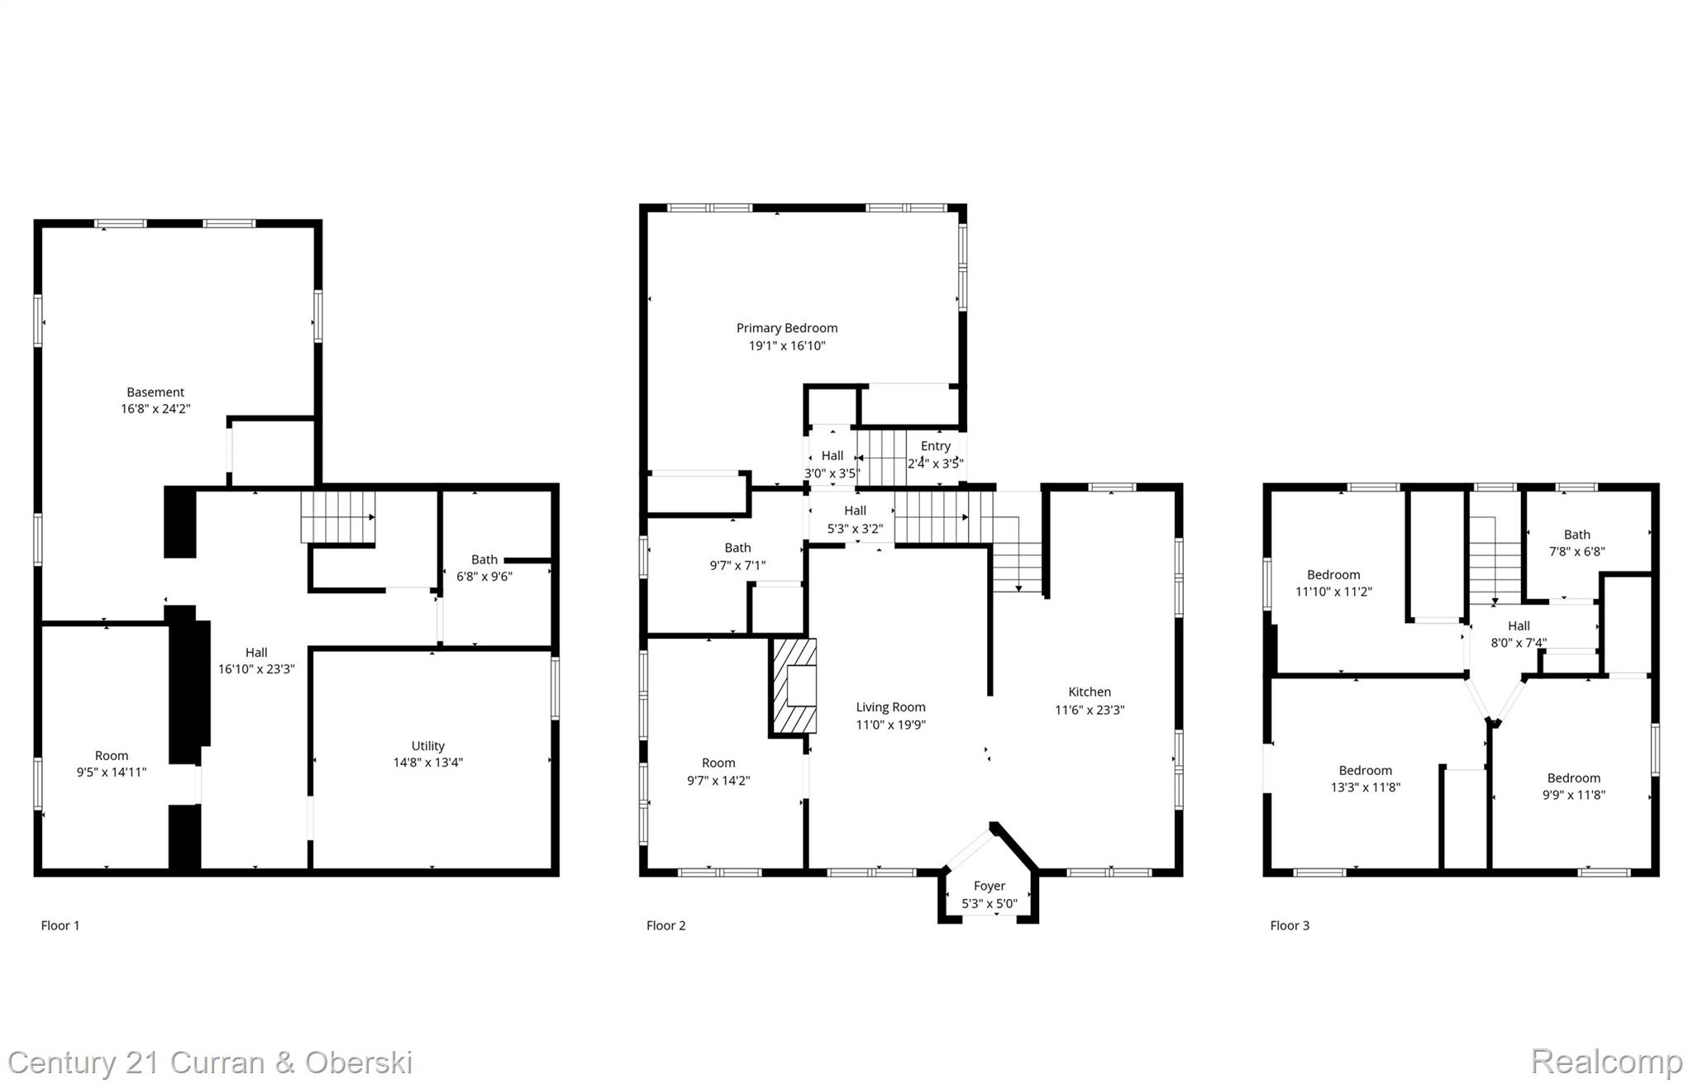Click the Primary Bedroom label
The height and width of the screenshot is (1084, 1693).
click(x=786, y=328)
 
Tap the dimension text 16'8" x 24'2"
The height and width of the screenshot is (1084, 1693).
click(x=155, y=409)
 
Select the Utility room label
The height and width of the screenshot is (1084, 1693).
click(x=427, y=746)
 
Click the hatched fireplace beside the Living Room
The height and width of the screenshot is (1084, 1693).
click(x=794, y=686)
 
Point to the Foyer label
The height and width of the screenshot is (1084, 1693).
click(x=989, y=886)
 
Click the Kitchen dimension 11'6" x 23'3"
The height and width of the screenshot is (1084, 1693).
click(x=1089, y=710)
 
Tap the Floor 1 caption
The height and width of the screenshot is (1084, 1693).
click(x=60, y=925)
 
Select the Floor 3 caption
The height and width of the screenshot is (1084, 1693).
click(x=1290, y=925)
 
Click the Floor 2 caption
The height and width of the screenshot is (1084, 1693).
click(x=665, y=925)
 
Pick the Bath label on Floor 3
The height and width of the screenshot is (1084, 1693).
click(x=1576, y=535)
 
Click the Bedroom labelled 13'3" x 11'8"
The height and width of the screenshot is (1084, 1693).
click(x=1365, y=771)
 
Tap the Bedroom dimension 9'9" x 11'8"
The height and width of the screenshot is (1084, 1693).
click(x=1573, y=795)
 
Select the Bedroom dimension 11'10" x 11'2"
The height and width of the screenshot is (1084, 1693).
click(x=1333, y=592)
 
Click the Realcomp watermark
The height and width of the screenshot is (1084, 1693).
click(x=1605, y=1062)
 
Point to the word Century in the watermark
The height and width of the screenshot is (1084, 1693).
click(x=62, y=1063)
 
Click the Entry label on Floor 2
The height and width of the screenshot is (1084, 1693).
click(x=935, y=446)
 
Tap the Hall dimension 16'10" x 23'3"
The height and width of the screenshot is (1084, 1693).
click(x=256, y=669)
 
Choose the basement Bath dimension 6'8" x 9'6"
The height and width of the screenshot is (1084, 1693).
click(x=484, y=577)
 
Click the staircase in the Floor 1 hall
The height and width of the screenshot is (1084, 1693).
click(x=337, y=516)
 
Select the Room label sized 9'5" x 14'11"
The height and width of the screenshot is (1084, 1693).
click(x=112, y=755)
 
